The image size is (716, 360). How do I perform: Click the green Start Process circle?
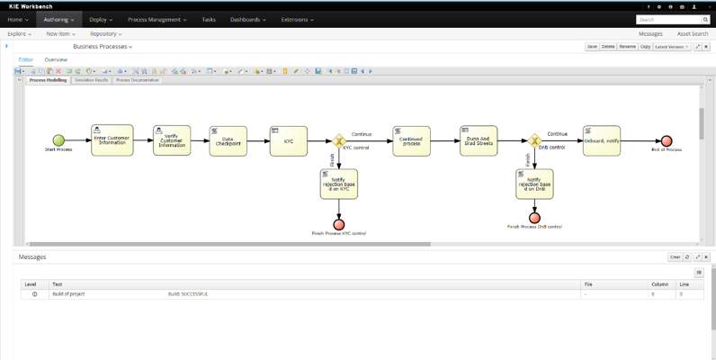pos(58,140)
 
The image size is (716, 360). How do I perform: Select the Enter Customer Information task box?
pos(112,140)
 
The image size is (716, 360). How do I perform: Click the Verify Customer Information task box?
pos(172,140)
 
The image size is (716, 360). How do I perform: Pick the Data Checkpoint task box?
pos(228,140)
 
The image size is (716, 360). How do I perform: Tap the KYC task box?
pos(288,140)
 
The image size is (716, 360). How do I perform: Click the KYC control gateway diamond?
pos(339,140)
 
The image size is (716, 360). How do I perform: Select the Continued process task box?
pos(411,140)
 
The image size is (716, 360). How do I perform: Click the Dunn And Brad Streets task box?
pos(479,140)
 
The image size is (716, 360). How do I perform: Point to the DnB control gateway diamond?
pos(534,140)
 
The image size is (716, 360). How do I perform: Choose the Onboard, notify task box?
pos(600,140)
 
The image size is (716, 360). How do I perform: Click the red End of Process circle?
pos(667,140)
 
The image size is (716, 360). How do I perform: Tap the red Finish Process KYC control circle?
pos(339,224)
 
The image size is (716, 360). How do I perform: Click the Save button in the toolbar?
pos(592,47)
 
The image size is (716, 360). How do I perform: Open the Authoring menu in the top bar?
pos(59,19)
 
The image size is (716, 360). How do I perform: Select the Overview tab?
pos(56,60)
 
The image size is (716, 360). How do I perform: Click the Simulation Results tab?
pos(92,80)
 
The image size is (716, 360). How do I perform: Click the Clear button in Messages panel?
pos(675,257)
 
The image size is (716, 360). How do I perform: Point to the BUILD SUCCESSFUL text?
pos(187,294)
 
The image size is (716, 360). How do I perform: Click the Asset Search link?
pos(693,33)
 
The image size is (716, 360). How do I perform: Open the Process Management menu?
pos(158,19)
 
